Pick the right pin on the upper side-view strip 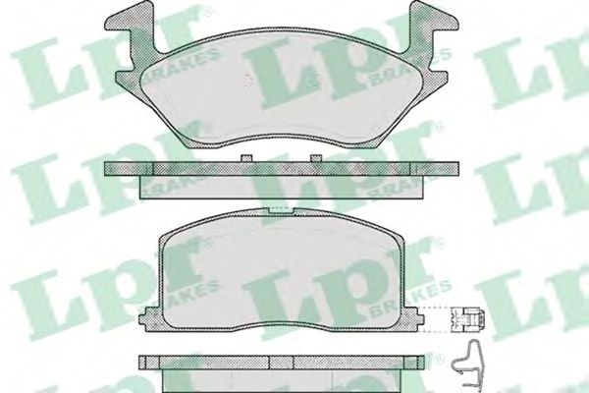click(314, 159)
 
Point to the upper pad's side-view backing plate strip click(279, 169)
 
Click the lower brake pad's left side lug click(149, 317)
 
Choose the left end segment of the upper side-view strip click(123, 169)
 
